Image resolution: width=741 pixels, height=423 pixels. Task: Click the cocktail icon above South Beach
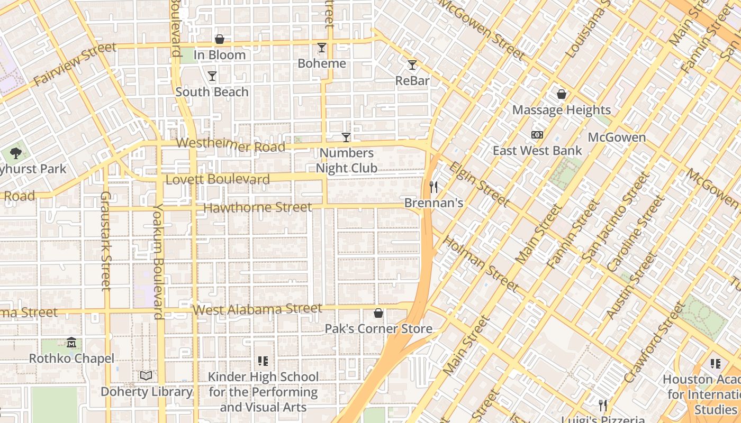click(212, 76)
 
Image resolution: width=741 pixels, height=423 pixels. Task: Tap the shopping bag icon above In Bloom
click(220, 39)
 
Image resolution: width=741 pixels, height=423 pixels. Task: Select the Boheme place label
click(322, 63)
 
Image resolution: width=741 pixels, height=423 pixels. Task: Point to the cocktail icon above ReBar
click(412, 65)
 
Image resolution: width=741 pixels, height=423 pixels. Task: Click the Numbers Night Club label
click(347, 161)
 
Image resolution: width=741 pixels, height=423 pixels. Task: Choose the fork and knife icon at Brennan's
click(433, 187)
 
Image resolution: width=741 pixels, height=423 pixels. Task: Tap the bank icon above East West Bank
click(537, 135)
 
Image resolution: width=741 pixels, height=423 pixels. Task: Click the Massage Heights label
click(562, 110)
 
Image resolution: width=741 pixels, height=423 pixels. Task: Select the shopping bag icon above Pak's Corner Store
click(378, 313)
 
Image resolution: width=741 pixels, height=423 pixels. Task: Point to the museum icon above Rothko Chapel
click(71, 343)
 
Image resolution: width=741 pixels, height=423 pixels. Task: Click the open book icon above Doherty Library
click(146, 375)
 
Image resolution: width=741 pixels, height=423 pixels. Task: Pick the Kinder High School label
click(263, 392)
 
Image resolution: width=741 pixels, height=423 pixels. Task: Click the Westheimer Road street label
click(231, 144)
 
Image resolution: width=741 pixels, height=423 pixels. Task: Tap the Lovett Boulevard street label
click(218, 179)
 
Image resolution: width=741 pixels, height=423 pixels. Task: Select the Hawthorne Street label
click(258, 208)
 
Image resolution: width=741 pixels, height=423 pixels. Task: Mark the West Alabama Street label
click(258, 309)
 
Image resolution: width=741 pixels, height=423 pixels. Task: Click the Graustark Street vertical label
click(105, 241)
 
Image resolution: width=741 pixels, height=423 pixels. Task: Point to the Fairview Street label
click(75, 64)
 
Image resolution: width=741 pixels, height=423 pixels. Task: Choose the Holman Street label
click(481, 264)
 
